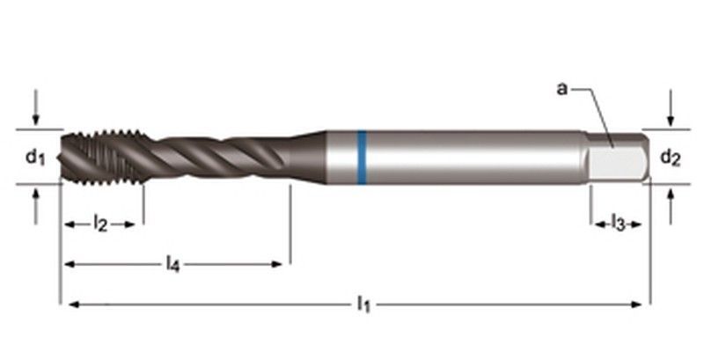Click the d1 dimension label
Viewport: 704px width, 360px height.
[34, 157]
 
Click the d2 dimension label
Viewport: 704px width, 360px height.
[670, 158]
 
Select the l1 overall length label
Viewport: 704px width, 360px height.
[363, 305]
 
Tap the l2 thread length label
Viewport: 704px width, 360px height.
[101, 224]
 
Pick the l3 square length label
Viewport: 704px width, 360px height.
[619, 224]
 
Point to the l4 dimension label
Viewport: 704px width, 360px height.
[175, 263]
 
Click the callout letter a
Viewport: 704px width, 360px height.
[562, 89]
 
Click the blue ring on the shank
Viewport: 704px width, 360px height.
[361, 157]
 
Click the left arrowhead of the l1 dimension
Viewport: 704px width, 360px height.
[67, 305]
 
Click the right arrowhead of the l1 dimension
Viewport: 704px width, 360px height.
[643, 305]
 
